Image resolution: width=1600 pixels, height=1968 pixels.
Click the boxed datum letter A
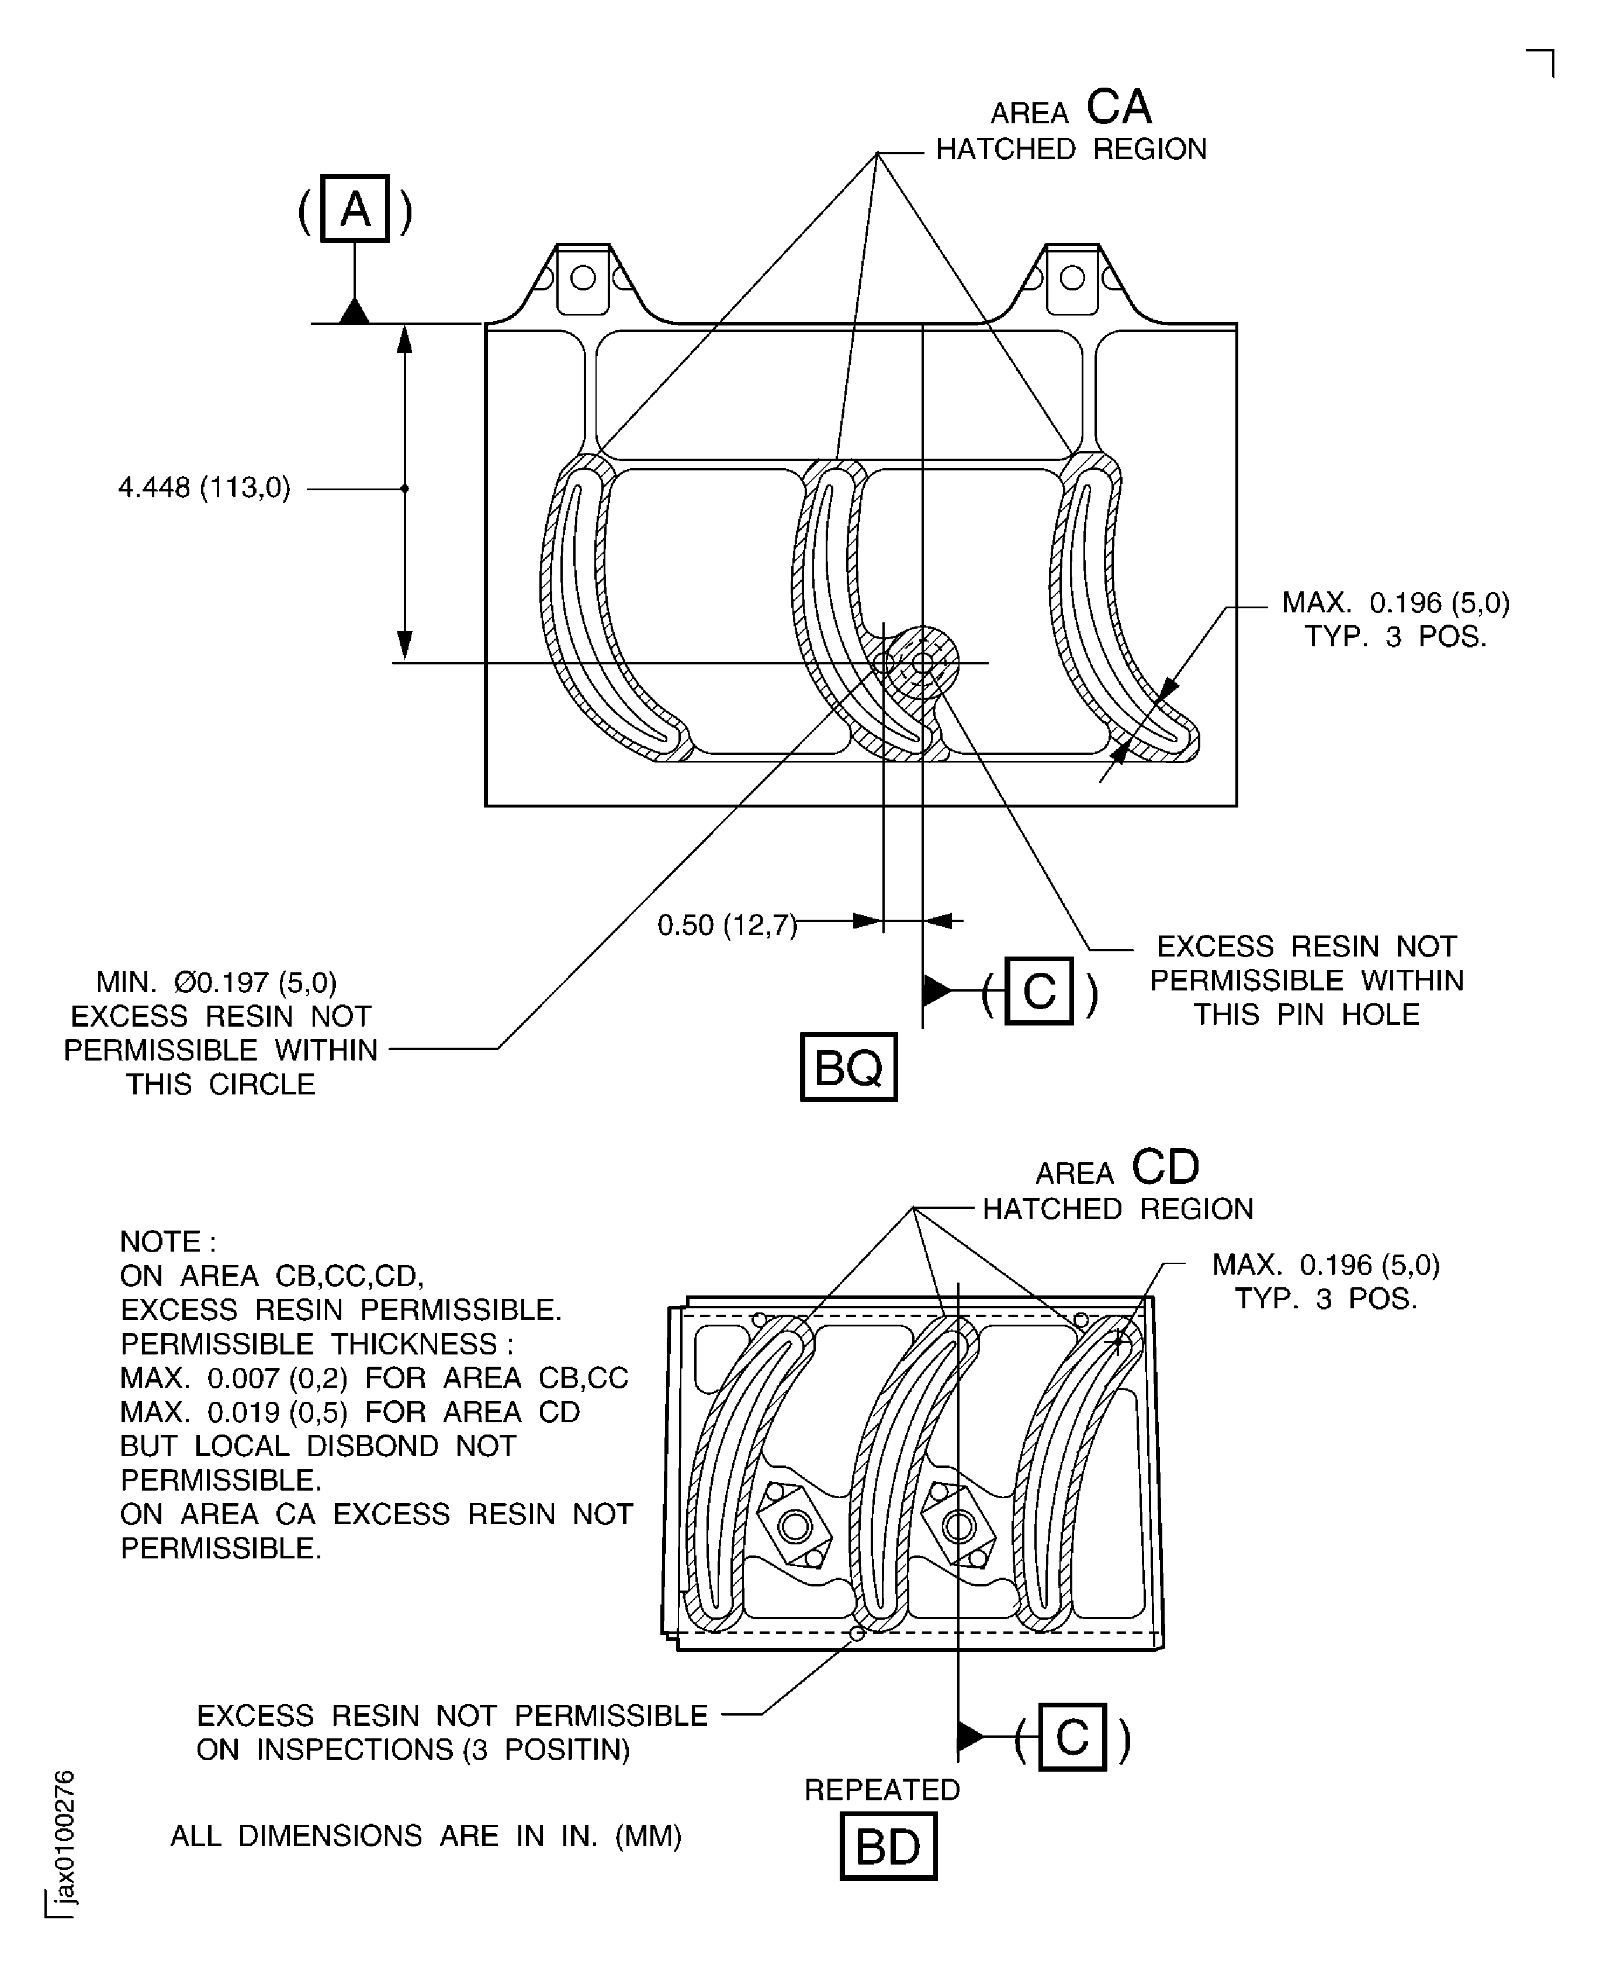[x=355, y=209]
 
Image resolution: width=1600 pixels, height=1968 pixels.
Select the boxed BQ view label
[x=848, y=1067]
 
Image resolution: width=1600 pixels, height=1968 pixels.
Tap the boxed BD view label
[x=888, y=1845]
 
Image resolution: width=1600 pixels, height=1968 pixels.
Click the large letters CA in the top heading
[x=1119, y=108]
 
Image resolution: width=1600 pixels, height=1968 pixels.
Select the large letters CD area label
[x=1165, y=1167]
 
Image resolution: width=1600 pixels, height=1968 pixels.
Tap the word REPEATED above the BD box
[x=882, y=1789]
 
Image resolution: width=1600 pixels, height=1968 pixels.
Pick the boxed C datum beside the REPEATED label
[x=1072, y=1737]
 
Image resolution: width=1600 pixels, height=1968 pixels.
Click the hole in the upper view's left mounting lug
[x=583, y=278]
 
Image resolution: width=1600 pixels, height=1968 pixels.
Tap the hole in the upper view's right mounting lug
[x=1072, y=278]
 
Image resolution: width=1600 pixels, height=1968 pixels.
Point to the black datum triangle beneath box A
[x=355, y=311]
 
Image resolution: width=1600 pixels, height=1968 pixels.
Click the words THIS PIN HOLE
[x=1306, y=1014]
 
